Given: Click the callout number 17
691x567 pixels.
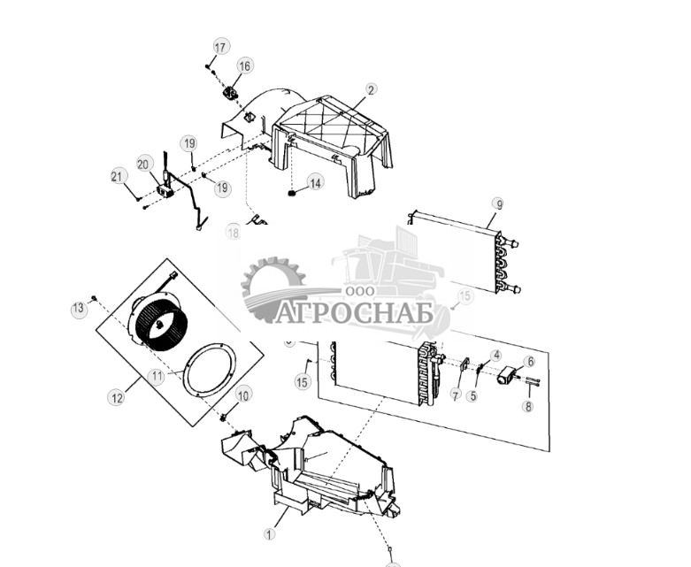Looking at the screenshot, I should click(220, 47).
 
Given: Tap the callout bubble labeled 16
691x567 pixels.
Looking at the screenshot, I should click(244, 65).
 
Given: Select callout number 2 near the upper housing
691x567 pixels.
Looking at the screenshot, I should click(371, 89).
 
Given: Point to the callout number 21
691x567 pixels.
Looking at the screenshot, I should click(118, 177).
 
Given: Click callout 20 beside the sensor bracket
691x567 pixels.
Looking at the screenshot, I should click(144, 163).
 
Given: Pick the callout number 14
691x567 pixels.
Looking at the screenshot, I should click(315, 182).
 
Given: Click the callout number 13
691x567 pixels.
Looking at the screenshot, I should click(79, 308).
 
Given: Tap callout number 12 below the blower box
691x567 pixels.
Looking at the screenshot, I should click(116, 398).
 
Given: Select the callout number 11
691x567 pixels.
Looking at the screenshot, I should click(157, 376).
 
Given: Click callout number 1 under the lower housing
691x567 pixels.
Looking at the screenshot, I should click(271, 533).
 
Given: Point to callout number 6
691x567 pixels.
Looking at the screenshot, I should click(529, 362).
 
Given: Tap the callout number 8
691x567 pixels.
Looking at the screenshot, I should click(528, 407).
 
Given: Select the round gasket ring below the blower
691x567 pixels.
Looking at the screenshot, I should click(209, 368).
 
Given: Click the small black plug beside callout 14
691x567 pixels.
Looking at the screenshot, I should click(292, 191).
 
